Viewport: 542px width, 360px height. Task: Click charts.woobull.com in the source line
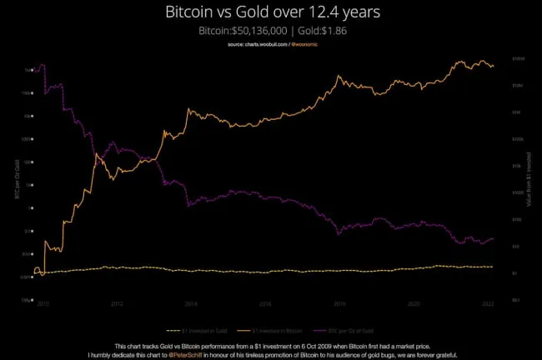(x=259, y=42)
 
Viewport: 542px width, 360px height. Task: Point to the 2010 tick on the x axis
(x=41, y=305)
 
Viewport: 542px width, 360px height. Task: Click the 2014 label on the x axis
(x=191, y=305)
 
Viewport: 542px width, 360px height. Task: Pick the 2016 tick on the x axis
(x=265, y=305)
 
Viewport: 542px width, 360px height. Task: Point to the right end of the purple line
(x=494, y=238)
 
